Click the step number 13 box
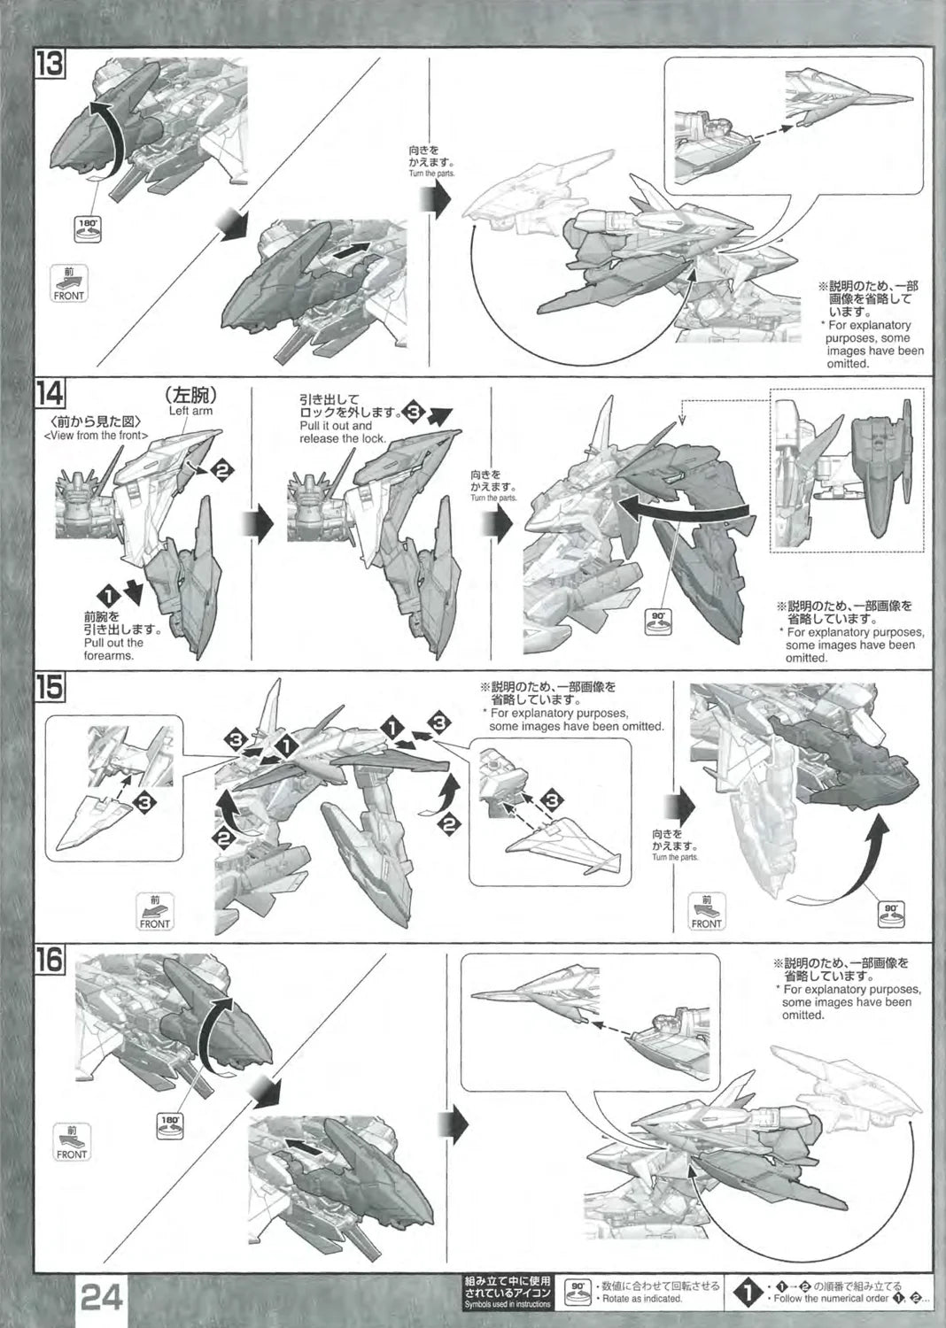tap(51, 66)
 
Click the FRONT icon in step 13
tap(69, 283)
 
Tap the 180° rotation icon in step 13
tap(86, 228)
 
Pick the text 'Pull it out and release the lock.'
tap(336, 432)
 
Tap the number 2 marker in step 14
tap(220, 471)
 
